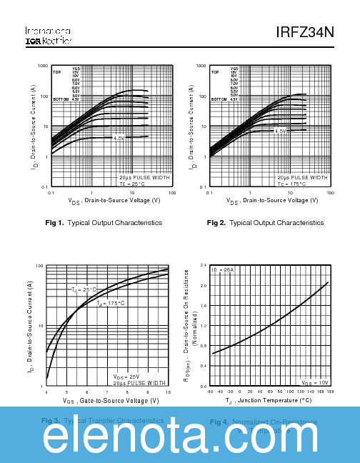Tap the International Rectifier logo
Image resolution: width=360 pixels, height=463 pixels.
pyautogui.click(x=48, y=36)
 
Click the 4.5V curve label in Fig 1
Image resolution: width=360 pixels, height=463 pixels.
pyautogui.click(x=119, y=138)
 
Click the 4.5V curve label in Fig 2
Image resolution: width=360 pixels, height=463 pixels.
pyautogui.click(x=280, y=131)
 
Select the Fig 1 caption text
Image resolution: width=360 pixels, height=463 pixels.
pyautogui.click(x=104, y=223)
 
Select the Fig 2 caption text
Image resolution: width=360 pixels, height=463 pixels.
pyautogui.click(x=265, y=223)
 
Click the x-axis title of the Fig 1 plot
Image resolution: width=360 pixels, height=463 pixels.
pyautogui.click(x=114, y=201)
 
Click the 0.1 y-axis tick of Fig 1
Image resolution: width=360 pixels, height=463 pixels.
pyautogui.click(x=44, y=186)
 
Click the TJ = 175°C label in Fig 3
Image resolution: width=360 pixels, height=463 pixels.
pyautogui.click(x=111, y=304)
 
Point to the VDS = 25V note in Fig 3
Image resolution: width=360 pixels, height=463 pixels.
pyautogui.click(x=126, y=376)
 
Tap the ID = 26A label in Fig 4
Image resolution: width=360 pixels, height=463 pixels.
pyautogui.click(x=222, y=269)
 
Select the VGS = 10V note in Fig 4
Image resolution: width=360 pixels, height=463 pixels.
pyautogui.click(x=315, y=382)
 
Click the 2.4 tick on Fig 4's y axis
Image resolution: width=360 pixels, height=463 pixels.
pyautogui.click(x=203, y=264)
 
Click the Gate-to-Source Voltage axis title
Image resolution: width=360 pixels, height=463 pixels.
pyautogui.click(x=111, y=401)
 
